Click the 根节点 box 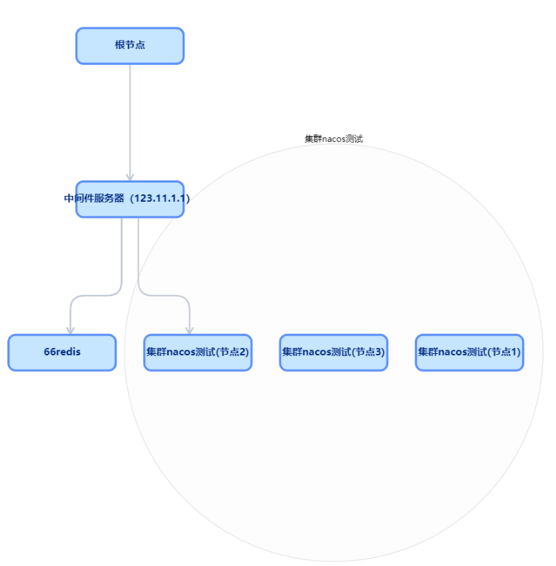129,46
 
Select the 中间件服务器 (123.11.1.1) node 129,200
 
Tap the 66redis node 62,352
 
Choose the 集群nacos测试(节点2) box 197,352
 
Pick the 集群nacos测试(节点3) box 333,352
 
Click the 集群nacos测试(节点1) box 469,352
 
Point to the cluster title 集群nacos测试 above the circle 333,139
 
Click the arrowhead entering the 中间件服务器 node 130,177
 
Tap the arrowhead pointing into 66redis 70,330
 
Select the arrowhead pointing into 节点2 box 189,330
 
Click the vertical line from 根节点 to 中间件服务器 130,118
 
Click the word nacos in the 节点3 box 318,352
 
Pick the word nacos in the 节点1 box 454,352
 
